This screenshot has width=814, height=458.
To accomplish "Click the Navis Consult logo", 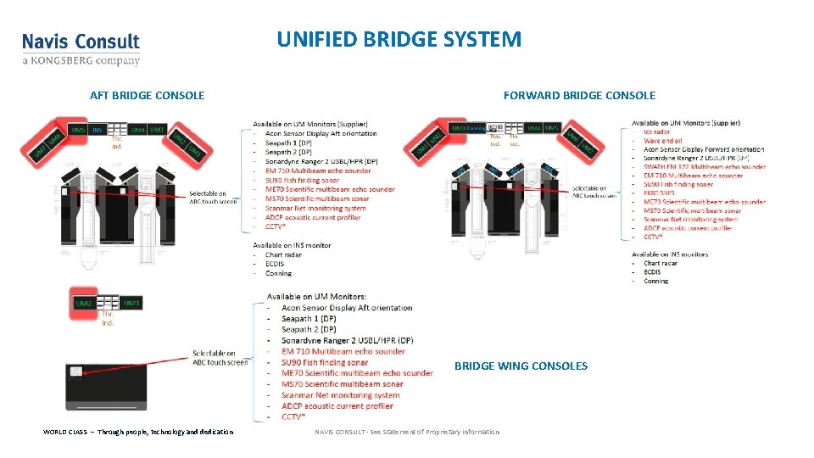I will coord(81,48).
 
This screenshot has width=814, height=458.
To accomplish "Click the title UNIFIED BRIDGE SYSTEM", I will coord(399,39).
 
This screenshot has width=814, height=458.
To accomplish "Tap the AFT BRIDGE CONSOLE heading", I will coord(147,95).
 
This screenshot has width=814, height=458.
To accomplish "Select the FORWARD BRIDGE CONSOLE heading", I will coord(579,95).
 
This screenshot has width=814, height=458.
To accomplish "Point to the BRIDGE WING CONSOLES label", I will coord(521,366).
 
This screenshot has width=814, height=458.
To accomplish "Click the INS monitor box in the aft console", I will coord(98,130).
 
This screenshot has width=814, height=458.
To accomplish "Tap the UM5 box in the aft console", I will coord(78,130).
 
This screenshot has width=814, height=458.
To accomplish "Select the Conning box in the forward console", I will coord(476,128).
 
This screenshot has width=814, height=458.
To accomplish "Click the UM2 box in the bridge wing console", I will coord(84,303).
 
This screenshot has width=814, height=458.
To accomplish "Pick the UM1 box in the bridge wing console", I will coord(131,303).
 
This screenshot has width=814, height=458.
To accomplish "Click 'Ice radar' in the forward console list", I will coord(657,131).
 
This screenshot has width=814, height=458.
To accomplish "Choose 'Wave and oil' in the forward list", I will coord(663,141).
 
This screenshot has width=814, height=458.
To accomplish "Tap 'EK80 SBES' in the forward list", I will coord(660,193).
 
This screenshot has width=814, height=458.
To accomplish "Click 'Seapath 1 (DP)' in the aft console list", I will coord(288,142).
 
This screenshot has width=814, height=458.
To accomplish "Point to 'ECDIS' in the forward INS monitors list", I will coord(652,271).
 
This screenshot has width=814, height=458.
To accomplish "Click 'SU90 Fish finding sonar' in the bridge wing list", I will coord(326,362).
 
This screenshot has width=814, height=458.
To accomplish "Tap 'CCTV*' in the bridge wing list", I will coord(293,416).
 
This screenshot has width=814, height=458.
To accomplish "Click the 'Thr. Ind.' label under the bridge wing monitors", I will coord(108,318).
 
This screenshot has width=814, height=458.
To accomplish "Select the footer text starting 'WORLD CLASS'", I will coord(138,432).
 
